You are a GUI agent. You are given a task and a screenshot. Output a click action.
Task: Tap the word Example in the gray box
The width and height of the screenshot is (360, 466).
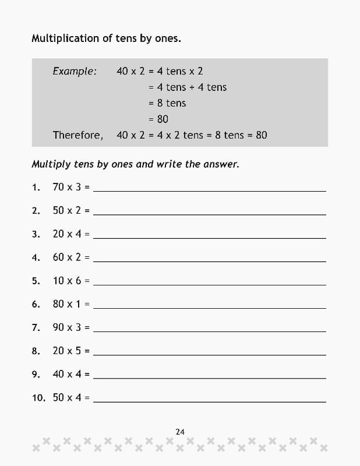click(74, 71)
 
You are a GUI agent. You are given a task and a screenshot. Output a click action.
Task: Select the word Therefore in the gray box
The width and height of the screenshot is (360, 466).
click(77, 135)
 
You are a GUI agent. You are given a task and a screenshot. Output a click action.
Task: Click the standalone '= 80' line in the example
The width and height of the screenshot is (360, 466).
click(158, 119)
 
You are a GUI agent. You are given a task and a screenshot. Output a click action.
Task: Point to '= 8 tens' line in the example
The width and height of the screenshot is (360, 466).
click(167, 103)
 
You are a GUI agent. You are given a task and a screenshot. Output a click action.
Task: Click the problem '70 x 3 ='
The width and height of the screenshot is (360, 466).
click(71, 187)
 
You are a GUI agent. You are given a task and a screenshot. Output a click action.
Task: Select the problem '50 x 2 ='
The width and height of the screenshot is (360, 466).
click(71, 210)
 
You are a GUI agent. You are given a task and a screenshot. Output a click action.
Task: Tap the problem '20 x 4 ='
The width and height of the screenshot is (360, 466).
click(71, 234)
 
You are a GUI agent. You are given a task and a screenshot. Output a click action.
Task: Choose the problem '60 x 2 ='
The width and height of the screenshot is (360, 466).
click(71, 257)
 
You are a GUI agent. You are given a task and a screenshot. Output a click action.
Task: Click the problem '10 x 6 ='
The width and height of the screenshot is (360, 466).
click(71, 280)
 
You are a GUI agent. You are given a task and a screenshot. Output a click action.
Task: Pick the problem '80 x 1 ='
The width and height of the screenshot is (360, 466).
click(71, 303)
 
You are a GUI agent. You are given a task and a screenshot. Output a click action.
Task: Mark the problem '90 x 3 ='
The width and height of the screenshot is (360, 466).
click(71, 327)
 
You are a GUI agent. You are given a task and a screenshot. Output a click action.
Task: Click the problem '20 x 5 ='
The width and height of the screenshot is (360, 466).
click(71, 351)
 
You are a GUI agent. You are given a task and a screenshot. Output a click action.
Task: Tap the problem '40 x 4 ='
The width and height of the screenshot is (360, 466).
click(71, 374)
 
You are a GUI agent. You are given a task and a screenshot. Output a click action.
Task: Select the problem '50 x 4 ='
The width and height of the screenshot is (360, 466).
click(71, 397)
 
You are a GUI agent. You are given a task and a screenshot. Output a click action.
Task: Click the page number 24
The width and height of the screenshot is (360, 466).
click(180, 432)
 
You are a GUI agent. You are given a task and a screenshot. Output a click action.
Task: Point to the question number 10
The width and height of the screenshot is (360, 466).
click(38, 397)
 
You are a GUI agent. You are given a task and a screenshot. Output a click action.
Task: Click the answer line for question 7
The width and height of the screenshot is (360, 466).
click(210, 331)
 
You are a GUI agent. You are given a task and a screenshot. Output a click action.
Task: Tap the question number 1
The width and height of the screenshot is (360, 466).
click(36, 187)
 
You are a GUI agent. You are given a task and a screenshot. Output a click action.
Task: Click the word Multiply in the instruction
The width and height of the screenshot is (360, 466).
click(51, 164)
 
